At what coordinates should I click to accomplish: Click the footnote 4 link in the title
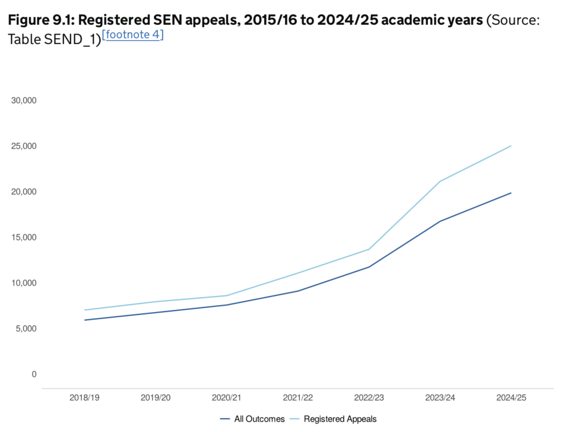click(x=132, y=35)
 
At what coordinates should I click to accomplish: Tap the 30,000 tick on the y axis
click(x=24, y=100)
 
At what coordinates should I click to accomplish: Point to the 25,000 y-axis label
click(x=24, y=146)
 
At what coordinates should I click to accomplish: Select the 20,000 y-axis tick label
click(x=24, y=192)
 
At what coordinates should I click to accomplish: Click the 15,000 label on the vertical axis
click(x=24, y=237)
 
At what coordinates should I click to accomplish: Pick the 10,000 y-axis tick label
click(x=24, y=283)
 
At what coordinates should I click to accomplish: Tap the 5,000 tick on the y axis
click(x=26, y=329)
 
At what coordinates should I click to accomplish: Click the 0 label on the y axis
click(x=34, y=375)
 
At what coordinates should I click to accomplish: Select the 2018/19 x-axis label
click(x=84, y=398)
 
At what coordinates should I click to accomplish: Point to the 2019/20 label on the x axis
click(x=156, y=398)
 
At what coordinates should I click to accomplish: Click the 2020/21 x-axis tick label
click(x=227, y=398)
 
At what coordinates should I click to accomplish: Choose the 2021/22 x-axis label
click(x=298, y=398)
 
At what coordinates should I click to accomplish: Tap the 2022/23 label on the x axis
click(x=369, y=398)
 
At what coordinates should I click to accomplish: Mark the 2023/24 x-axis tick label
click(x=440, y=398)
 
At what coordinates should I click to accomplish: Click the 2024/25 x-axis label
click(x=511, y=398)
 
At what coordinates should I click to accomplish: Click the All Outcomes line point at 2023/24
click(x=440, y=221)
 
